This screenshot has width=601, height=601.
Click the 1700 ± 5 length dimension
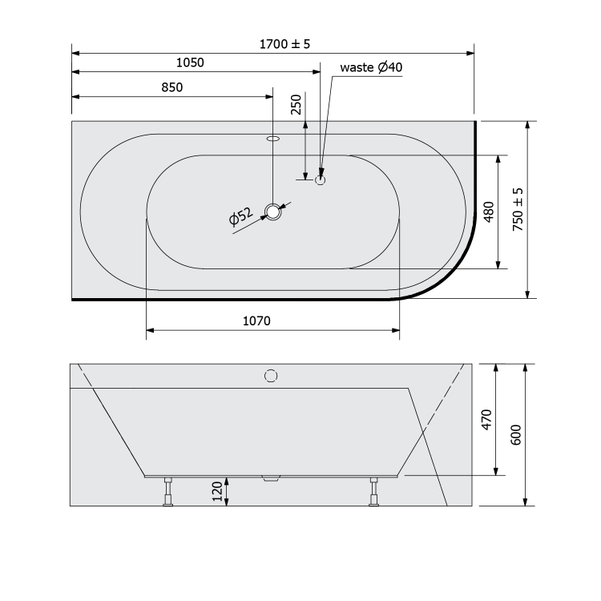[x=284, y=44]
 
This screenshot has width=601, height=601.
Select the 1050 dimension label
[x=190, y=63]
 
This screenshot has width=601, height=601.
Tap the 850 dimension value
[x=172, y=87]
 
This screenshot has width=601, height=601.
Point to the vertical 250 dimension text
[x=296, y=104]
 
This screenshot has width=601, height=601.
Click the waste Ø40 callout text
[x=371, y=67]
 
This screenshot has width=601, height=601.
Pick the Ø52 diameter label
[x=240, y=216]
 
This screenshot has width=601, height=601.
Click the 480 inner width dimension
[x=489, y=212]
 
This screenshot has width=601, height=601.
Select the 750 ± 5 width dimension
[x=518, y=209]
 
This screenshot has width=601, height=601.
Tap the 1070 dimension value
[x=256, y=321]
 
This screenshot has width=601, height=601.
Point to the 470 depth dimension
[x=486, y=420]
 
